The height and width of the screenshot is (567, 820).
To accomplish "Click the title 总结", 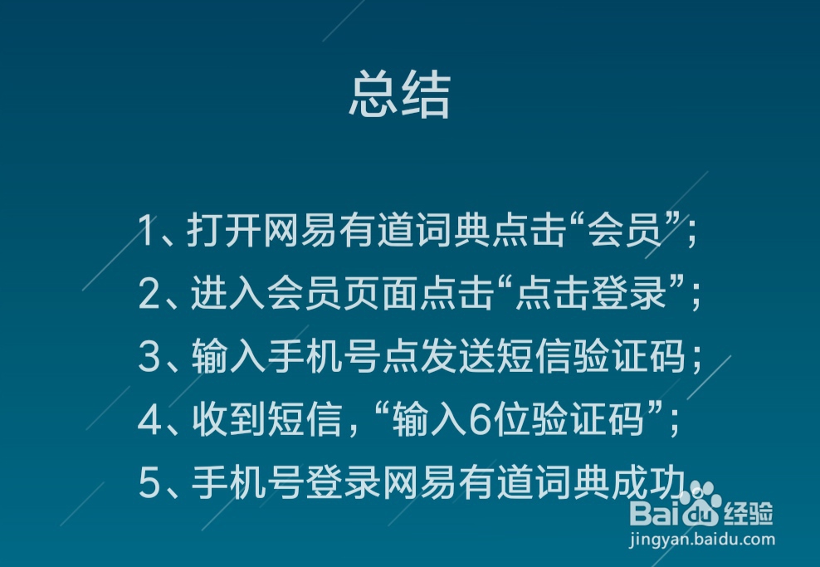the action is pos(400,95).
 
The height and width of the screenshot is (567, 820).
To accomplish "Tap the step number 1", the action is pos(147,230).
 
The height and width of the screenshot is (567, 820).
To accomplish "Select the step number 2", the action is pos(149,293).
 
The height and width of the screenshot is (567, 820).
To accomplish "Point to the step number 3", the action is pos(149,356).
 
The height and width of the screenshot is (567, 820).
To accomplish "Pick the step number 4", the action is pos(149,419).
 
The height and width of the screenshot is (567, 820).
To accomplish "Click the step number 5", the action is pos(149,482).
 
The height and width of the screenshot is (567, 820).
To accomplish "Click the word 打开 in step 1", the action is pos(224,230).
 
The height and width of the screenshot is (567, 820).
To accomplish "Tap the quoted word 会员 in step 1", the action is pos(624,230).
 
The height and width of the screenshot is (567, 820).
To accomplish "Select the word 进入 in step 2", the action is pos(228,293).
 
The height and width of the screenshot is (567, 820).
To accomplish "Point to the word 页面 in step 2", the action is pos(381,293).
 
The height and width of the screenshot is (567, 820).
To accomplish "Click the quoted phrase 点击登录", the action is pos(591,293).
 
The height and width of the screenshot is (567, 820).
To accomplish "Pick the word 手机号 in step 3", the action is pos(325,356).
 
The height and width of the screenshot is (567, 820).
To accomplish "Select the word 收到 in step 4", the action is pos(230,419).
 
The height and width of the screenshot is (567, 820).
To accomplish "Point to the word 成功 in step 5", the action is pos(648,482).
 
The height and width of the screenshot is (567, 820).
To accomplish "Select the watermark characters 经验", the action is pos(749,513).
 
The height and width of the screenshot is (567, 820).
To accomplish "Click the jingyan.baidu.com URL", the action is pos(702,540).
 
